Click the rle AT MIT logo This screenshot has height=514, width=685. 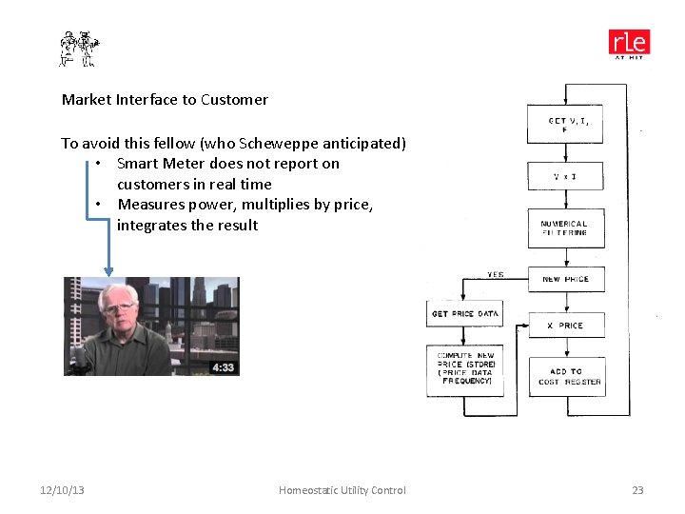[x=629, y=44]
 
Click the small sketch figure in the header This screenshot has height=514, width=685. [x=79, y=48]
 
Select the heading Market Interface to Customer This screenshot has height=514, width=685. [x=165, y=100]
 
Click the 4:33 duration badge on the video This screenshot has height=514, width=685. [x=222, y=367]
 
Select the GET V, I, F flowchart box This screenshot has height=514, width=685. [x=565, y=124]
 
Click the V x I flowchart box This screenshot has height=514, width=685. [x=565, y=176]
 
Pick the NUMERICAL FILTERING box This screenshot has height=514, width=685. [x=565, y=228]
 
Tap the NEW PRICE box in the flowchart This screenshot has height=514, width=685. [x=565, y=279]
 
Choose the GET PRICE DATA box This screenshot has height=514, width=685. [x=464, y=314]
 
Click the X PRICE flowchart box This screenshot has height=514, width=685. [x=565, y=326]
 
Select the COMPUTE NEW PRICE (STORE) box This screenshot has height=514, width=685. [x=464, y=367]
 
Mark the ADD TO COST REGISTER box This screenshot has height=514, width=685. [x=565, y=376]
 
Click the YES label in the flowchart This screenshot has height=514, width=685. [x=495, y=274]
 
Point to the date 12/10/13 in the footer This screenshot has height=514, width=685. [x=62, y=490]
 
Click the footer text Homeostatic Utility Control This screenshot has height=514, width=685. [x=342, y=490]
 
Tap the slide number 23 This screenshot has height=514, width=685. [x=637, y=490]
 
